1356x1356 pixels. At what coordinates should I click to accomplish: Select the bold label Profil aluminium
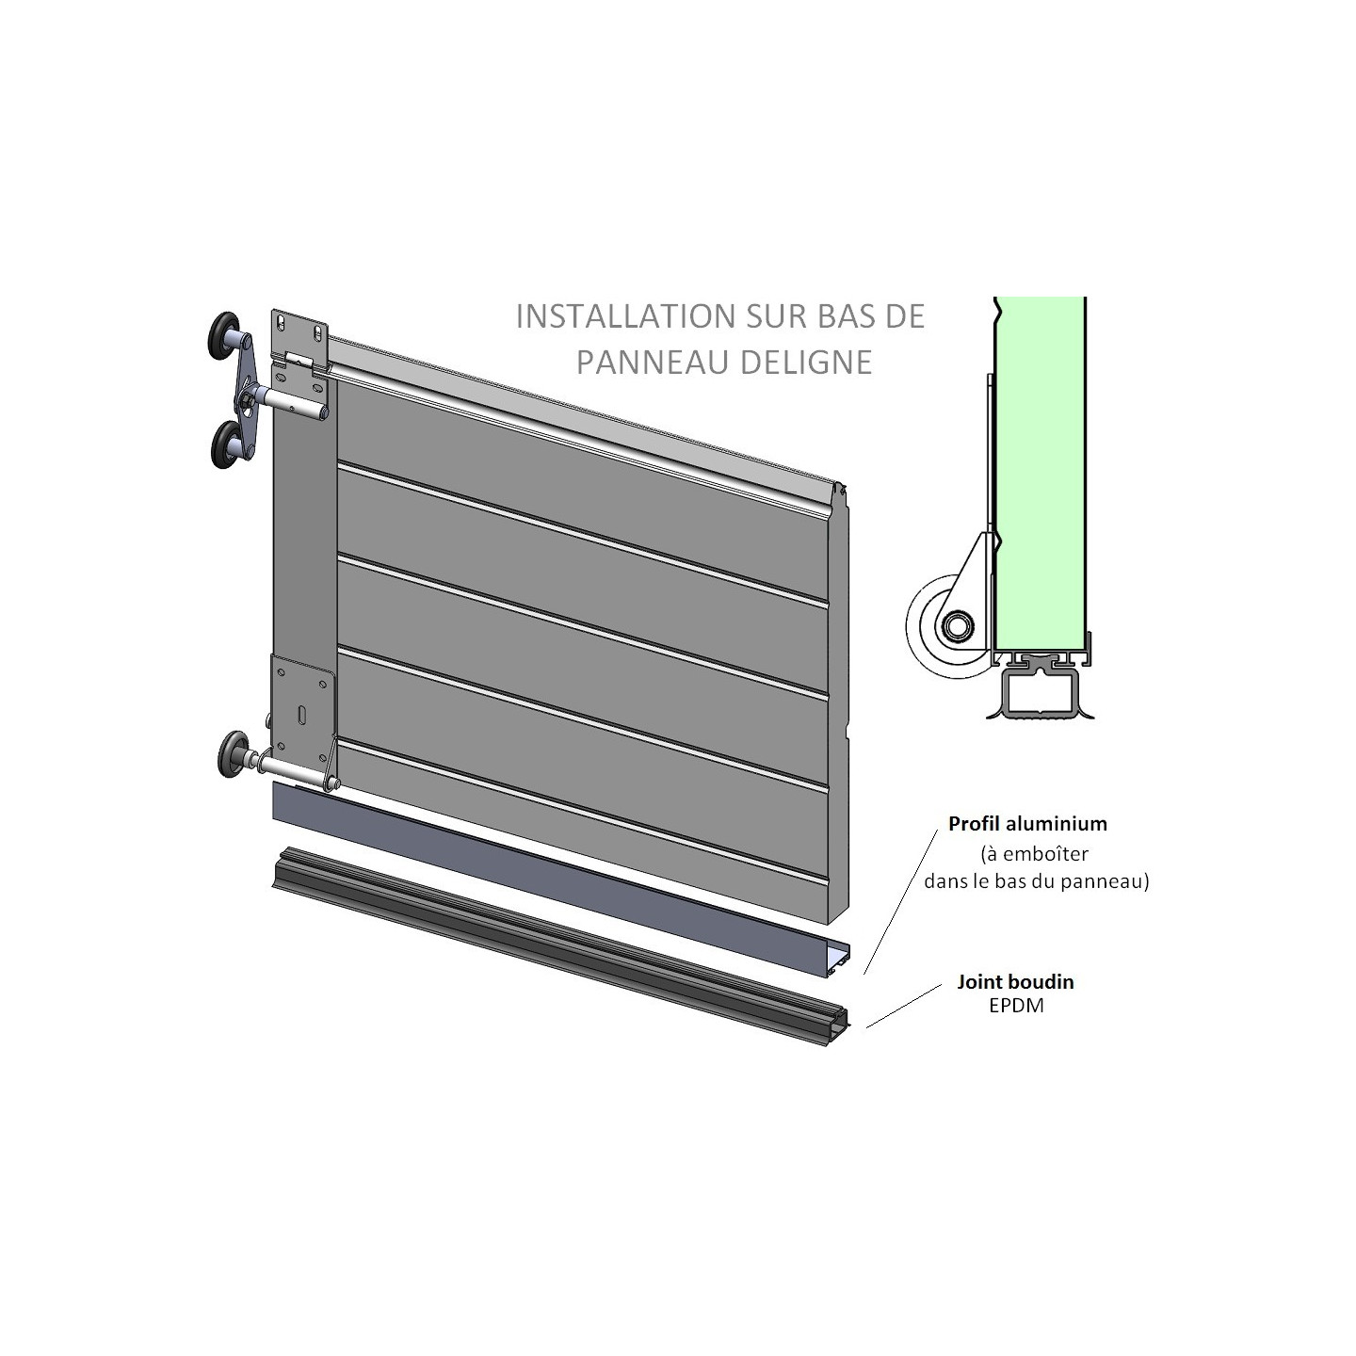click(1027, 824)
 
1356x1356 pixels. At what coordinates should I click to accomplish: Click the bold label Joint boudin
click(1015, 982)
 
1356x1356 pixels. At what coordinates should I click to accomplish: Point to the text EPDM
click(1016, 1006)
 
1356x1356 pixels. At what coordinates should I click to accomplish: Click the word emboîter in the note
click(1041, 854)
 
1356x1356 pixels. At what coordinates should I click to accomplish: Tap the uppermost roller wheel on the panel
click(227, 334)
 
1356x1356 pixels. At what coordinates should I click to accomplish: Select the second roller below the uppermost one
click(228, 444)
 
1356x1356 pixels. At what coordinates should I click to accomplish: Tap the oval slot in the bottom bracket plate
click(300, 715)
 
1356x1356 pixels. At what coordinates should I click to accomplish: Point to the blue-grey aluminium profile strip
click(565, 876)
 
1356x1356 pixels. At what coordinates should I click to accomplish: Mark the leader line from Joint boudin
click(904, 1006)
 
